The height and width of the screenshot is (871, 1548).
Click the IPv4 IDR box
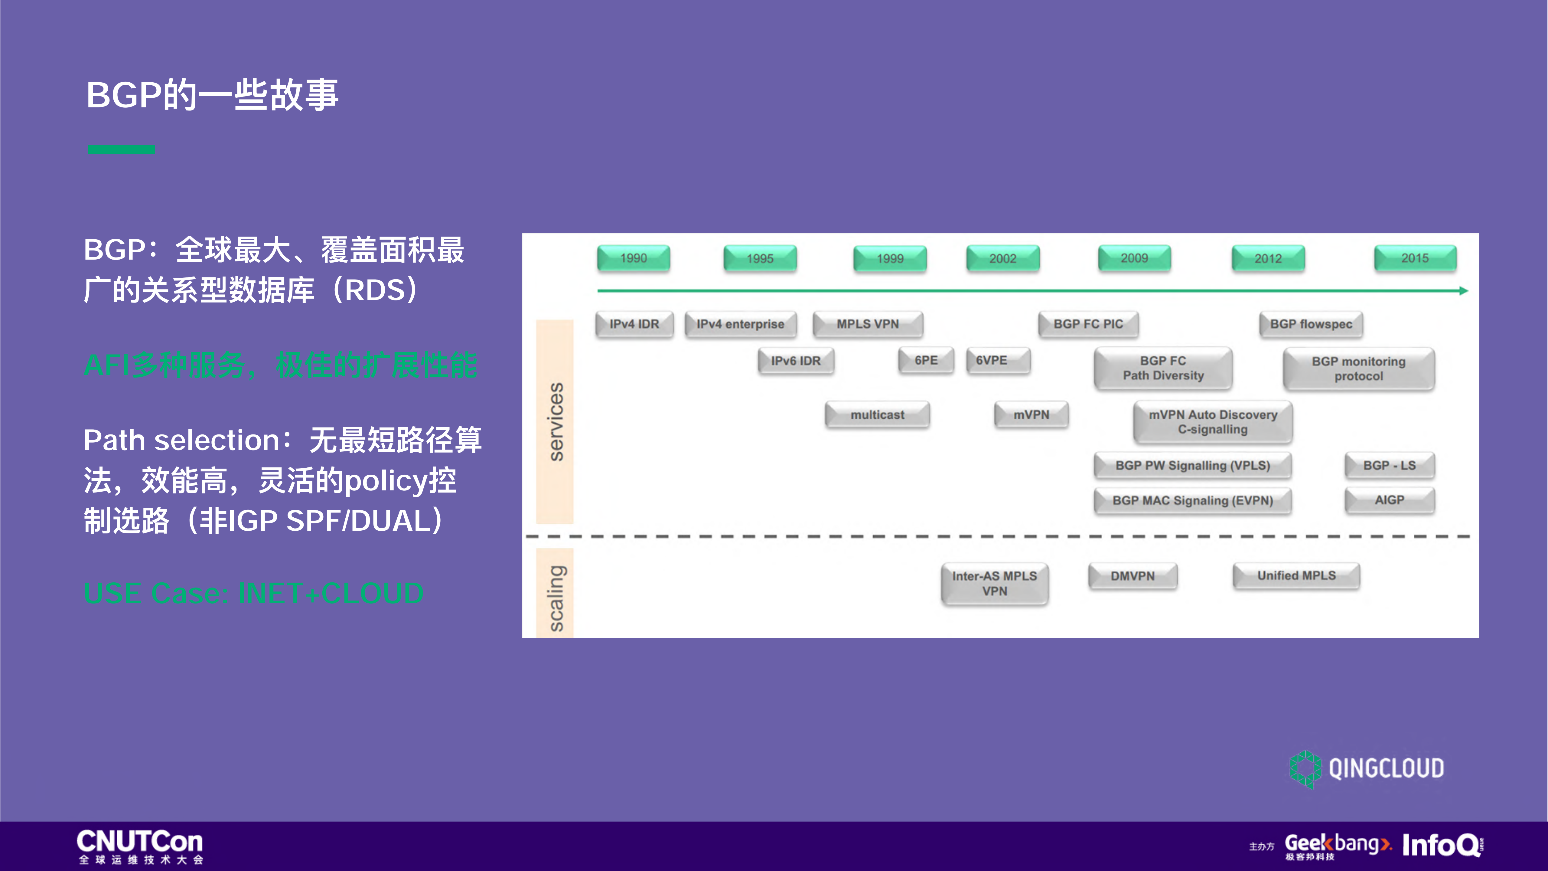click(634, 324)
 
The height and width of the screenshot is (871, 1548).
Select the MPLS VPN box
click(868, 324)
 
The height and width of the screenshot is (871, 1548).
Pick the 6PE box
click(925, 360)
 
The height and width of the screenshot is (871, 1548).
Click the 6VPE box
click(998, 360)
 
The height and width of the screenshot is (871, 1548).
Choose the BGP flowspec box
click(1311, 324)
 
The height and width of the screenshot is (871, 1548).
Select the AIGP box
click(1389, 500)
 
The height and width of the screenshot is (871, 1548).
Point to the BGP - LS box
click(1389, 465)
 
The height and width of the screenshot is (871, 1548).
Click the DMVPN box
click(1132, 576)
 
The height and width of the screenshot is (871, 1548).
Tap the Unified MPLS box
click(1296, 576)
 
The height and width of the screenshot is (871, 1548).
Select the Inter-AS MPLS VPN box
click(995, 583)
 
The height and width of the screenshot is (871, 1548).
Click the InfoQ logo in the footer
click(1442, 845)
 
